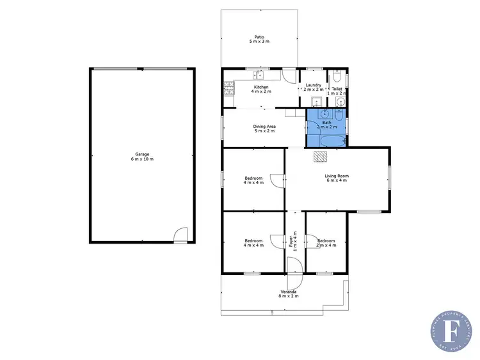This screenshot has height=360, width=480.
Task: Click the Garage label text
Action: tap(142, 157)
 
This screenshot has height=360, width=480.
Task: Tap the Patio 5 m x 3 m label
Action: tap(259, 39)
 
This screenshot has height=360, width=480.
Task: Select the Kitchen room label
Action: tap(260, 89)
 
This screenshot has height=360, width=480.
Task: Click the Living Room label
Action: tap(337, 178)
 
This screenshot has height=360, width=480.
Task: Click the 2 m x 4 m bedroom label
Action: tap(326, 242)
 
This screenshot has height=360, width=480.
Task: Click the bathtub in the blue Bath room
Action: tap(326, 140)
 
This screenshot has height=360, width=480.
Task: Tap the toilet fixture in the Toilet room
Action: tap(337, 78)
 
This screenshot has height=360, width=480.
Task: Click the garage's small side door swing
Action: tap(181, 235)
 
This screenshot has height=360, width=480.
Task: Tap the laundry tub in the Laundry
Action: tap(315, 102)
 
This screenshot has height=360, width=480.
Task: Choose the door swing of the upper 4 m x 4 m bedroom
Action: tap(276, 181)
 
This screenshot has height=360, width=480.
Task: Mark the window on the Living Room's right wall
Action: tap(388, 177)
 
